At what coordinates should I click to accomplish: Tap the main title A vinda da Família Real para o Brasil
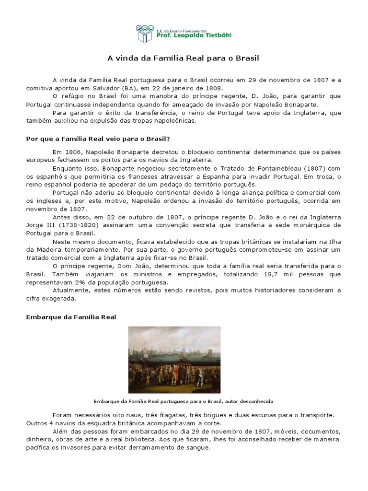pos(183,58)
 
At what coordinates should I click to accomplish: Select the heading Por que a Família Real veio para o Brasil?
pos(98,139)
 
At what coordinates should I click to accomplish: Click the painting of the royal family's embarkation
pos(174,360)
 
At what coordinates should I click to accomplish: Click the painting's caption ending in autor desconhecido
pos(184,401)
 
